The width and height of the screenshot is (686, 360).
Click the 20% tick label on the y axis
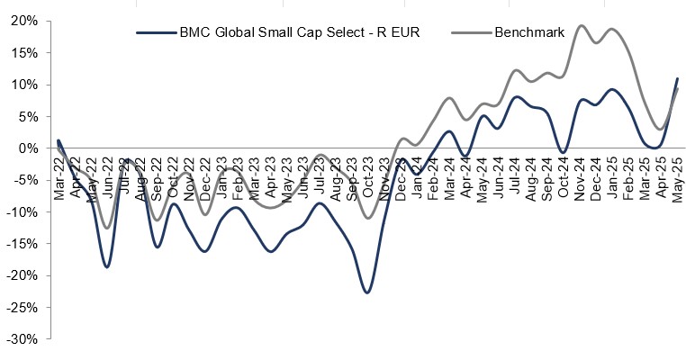[x=23, y=21]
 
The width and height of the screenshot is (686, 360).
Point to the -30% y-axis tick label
[x=22, y=339]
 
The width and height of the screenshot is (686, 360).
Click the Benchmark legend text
[x=528, y=33]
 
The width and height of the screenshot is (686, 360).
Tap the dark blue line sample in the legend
[x=155, y=33]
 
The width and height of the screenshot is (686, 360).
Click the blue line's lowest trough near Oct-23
[x=367, y=292]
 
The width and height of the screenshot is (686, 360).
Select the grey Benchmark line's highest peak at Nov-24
[x=581, y=26]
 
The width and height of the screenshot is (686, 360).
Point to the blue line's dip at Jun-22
[x=107, y=267]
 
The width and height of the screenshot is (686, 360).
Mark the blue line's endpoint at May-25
[x=677, y=78]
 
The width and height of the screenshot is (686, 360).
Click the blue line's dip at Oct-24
[x=564, y=152]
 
